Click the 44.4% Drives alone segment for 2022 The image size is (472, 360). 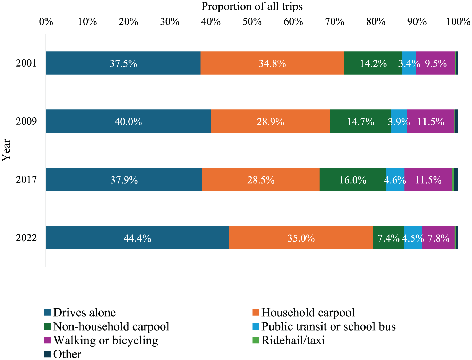click(137, 238)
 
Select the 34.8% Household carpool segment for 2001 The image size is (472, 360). click(272, 63)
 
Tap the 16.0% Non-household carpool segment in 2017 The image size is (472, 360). click(353, 180)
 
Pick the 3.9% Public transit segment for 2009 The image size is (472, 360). click(399, 122)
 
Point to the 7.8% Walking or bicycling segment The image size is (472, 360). click(438, 238)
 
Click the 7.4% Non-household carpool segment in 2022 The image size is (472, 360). click(388, 238)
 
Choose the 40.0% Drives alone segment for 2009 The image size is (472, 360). click(128, 122)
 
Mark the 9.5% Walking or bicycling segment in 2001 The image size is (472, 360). click(436, 63)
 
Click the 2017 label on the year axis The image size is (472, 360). click(26, 180)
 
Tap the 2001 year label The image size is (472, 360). click(26, 63)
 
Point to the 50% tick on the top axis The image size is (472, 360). click(252, 22)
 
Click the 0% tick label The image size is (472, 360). click(46, 22)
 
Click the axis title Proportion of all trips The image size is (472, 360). click(252, 6)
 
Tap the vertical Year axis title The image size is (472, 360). click(7, 150)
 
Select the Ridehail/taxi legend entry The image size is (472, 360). click(293, 341)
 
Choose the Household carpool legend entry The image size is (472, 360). click(308, 313)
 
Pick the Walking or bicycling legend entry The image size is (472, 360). click(105, 341)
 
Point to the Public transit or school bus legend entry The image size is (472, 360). click(328, 327)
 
